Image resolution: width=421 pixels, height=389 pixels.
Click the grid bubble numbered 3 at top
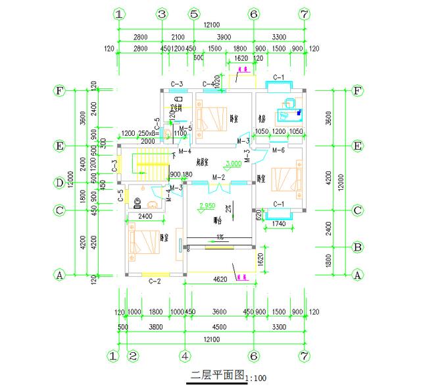point(162,14)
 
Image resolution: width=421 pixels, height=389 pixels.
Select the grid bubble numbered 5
point(193,14)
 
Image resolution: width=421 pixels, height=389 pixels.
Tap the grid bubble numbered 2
point(134,357)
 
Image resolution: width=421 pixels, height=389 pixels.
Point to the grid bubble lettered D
point(60,182)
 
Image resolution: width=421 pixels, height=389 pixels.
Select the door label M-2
point(219,177)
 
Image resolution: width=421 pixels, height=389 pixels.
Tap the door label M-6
point(278,151)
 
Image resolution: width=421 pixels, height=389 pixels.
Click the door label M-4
point(185,133)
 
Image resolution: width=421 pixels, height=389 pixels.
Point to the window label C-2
point(155,282)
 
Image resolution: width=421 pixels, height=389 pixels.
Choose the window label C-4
point(209,84)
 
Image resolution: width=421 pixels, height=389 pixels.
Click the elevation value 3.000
point(233,163)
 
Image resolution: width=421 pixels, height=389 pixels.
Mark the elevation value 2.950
point(207,206)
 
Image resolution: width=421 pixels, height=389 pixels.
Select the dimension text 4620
point(219,280)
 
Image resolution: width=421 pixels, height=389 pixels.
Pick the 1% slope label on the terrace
point(222,237)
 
